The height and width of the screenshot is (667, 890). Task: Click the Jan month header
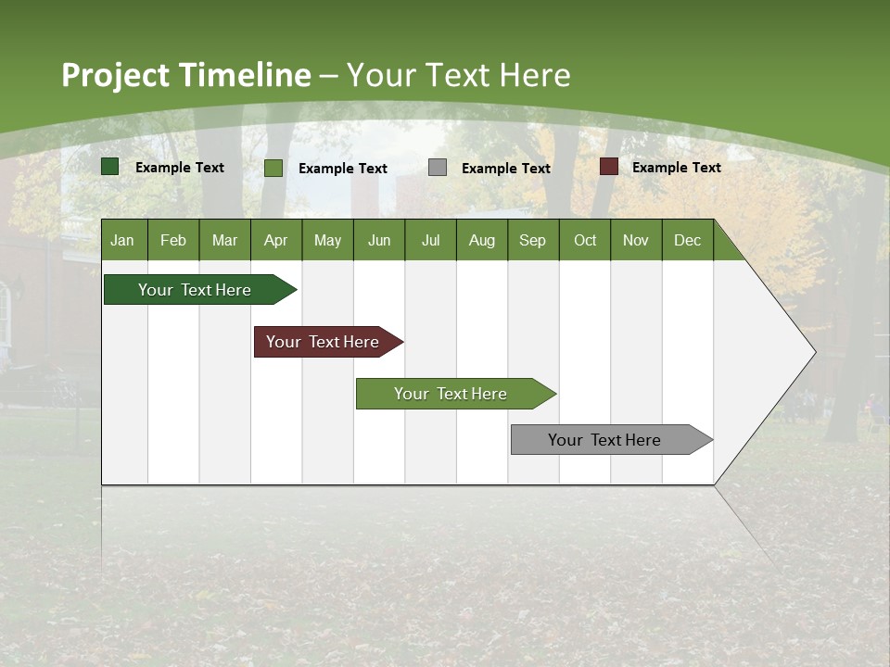[123, 240]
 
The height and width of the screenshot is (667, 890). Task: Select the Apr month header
[276, 240]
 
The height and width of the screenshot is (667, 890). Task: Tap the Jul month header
[431, 240]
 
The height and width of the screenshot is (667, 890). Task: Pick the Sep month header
[533, 240]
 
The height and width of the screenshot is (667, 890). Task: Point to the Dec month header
[688, 240]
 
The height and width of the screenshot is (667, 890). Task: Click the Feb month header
[173, 240]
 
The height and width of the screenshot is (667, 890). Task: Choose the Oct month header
[585, 240]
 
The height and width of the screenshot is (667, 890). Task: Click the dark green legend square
[110, 167]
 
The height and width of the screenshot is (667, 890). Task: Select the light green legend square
[273, 168]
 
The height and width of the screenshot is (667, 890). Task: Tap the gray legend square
[438, 168]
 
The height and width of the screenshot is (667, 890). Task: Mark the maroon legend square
[609, 167]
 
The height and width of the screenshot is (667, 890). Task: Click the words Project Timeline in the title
[185, 75]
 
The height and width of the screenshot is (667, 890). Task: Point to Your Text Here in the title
[459, 75]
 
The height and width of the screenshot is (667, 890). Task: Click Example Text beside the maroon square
[676, 167]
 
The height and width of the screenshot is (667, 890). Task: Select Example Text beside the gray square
[505, 168]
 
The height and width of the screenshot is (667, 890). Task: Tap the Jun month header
[379, 240]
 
